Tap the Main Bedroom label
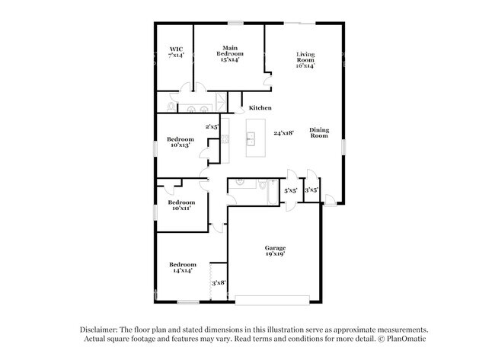229,54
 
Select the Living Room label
305,59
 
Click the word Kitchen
260,108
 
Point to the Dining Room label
319,132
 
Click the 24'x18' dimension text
283,132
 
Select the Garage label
275,247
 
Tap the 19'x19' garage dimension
275,255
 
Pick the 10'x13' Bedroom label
181,142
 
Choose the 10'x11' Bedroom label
181,205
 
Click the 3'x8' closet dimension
218,282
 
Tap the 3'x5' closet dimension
311,190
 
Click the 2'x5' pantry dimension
212,126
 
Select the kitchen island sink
250,139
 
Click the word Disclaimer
101,329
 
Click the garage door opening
272,297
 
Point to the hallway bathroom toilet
263,184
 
